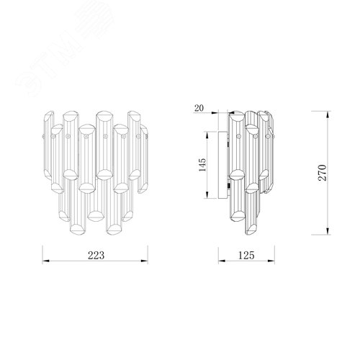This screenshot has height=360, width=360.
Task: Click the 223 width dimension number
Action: click(96, 256)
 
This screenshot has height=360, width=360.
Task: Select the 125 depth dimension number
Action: click(246, 256)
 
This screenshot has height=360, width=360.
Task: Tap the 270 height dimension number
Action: click(323, 173)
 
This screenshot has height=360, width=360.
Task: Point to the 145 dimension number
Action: click(202, 165)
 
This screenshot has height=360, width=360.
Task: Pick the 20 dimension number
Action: click(199, 108)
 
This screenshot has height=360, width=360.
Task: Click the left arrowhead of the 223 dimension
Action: click(45, 261)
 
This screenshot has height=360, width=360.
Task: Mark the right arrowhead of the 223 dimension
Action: click(145, 261)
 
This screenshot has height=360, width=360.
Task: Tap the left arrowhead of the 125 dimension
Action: click(222, 261)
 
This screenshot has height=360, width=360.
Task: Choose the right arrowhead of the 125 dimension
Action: click(271, 261)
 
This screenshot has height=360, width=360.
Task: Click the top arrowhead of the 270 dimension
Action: click(328, 114)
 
